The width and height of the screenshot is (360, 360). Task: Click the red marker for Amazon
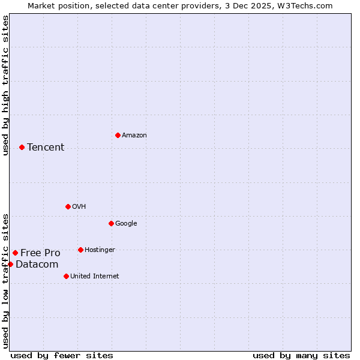coord(118,135)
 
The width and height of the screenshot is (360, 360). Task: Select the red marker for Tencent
coord(22,147)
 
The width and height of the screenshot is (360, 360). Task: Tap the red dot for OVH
coord(68,206)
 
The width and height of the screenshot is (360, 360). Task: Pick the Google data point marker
coord(111,223)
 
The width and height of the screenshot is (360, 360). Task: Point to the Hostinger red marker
coord(80,250)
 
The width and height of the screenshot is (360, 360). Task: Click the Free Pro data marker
coord(15,253)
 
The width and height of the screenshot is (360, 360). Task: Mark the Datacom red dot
coord(10,264)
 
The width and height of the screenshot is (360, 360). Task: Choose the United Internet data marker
coord(66,276)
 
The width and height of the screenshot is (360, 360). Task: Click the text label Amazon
coord(134,136)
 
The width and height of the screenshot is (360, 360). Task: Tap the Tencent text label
coord(46,148)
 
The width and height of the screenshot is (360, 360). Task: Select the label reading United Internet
coord(94,277)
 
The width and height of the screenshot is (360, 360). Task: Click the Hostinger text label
coord(100,250)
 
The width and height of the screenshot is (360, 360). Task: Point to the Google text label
coord(126,224)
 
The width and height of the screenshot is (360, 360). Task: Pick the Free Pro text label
coord(40,253)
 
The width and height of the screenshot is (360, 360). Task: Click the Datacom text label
coord(37,265)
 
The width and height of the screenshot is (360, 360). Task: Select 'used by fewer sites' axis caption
coord(62,355)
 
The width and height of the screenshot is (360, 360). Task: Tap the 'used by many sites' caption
coord(301,355)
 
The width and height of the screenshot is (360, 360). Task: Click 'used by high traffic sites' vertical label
coord(5,85)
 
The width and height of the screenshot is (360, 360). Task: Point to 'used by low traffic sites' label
coord(5,280)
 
